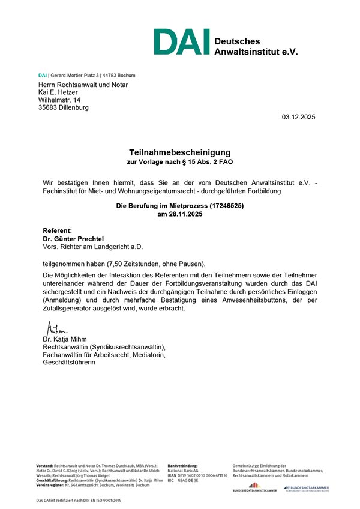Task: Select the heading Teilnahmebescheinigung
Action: [x=180, y=152]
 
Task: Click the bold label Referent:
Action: [x=58, y=230]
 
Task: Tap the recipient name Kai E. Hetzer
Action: [x=61, y=92]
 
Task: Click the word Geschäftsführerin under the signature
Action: [x=70, y=363]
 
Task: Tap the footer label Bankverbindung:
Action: [x=182, y=465]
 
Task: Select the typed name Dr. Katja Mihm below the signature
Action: [x=65, y=339]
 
